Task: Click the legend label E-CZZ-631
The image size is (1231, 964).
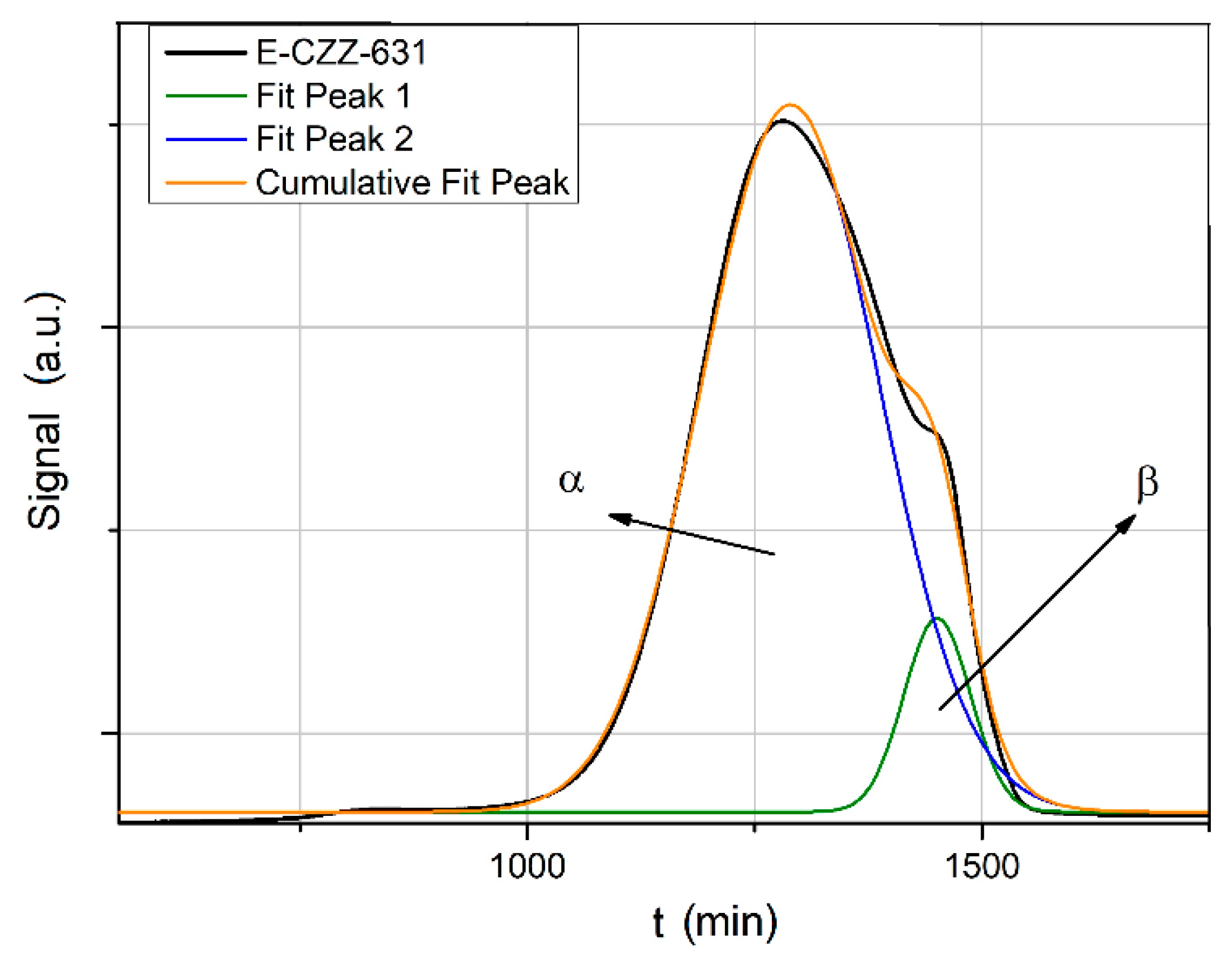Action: [341, 52]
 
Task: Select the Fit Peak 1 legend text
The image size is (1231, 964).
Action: [333, 95]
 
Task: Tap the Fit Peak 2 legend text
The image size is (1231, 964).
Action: [334, 139]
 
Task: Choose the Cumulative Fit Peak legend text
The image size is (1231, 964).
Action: [412, 182]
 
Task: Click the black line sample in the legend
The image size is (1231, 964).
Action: [205, 53]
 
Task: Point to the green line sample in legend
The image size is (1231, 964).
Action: [205, 95]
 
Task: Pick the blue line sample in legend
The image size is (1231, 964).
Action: [205, 139]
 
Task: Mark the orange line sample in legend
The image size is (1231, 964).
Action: [205, 183]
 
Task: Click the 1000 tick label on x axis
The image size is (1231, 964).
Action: [527, 866]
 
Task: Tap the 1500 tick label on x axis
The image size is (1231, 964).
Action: [981, 866]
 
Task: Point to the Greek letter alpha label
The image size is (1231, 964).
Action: [571, 480]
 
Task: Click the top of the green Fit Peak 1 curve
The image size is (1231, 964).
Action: [936, 618]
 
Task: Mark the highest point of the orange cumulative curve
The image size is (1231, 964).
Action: [790, 105]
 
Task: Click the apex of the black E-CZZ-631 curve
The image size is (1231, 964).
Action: [783, 120]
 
